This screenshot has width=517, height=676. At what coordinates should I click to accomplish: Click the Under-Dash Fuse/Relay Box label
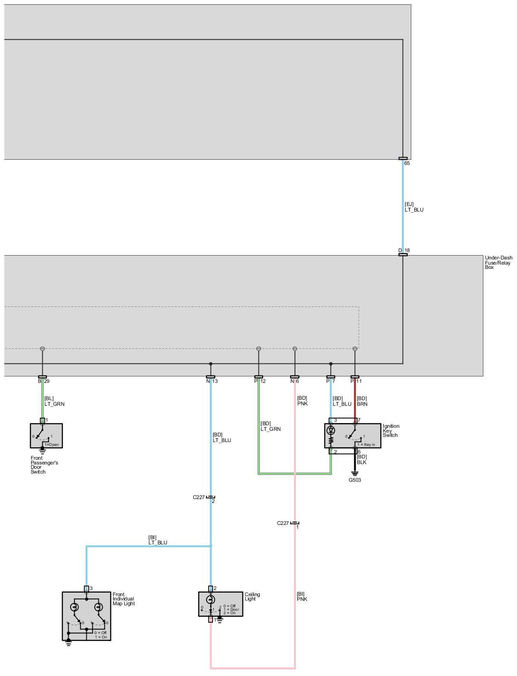coord(498,262)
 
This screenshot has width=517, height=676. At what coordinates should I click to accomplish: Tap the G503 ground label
coord(355,480)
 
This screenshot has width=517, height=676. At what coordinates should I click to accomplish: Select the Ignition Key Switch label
coord(391,431)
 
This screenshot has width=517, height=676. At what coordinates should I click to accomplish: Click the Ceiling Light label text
coord(252,597)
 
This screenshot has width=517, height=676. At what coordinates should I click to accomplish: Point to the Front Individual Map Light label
coord(123,599)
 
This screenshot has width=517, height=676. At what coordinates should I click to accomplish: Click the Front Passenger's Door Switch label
coord(44,465)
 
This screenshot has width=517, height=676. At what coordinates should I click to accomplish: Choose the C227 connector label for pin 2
coord(199,497)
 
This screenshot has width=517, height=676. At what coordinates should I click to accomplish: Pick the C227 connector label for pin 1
coord(283,523)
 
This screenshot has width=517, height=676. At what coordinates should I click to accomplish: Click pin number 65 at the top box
coord(407,164)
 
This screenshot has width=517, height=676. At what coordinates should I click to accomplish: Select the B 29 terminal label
coord(44,381)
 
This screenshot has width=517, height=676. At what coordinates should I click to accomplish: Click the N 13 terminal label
coord(212,381)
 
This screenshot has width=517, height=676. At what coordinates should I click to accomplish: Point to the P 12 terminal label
coord(260,381)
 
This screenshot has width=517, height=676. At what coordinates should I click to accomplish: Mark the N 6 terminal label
coord(295,381)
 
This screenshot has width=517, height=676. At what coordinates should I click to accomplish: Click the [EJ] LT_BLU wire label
coord(414,207)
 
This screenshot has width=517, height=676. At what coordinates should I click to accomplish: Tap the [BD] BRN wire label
coord(362,401)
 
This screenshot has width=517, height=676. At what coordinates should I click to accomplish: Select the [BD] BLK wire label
coord(362,459)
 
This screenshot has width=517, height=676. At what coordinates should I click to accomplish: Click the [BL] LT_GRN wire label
coord(54,401)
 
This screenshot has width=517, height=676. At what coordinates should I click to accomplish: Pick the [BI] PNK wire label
coord(302,597)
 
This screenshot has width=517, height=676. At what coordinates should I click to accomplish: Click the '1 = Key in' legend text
coord(366,445)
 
